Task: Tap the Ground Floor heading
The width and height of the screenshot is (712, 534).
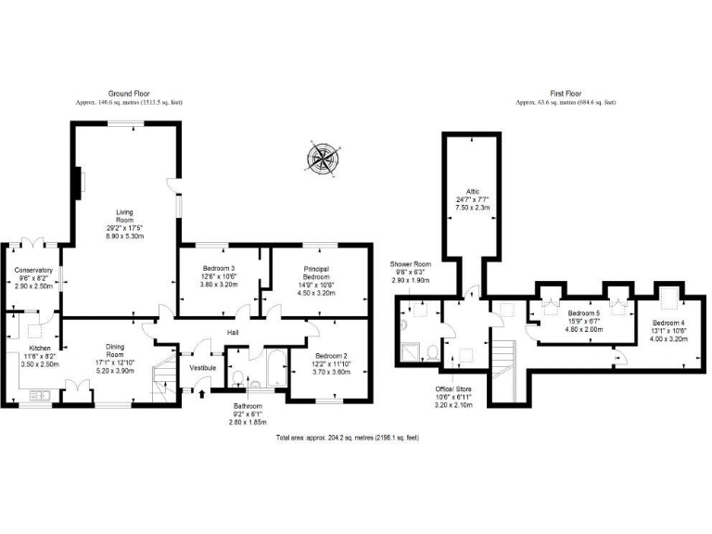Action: pyautogui.click(x=130, y=94)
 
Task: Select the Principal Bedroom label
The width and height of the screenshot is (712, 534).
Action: pyautogui.click(x=318, y=274)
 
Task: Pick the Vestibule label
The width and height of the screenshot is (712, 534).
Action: pyautogui.click(x=202, y=368)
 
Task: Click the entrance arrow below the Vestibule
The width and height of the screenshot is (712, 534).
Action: pyautogui.click(x=203, y=394)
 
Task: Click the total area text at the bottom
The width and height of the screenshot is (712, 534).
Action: pyautogui.click(x=348, y=436)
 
